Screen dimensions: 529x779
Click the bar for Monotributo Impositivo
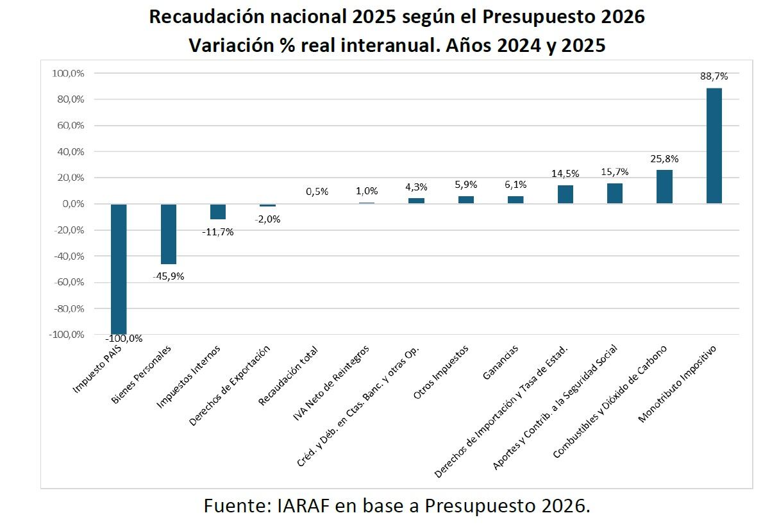pos(714,146)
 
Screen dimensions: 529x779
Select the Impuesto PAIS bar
pos(119,269)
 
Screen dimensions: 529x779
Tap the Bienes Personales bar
pos(168,234)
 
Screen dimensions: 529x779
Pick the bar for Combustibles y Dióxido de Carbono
pos(664,187)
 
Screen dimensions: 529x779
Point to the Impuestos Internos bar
pos(218,212)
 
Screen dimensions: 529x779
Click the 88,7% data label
pos(714,76)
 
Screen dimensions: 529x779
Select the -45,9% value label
pos(168,276)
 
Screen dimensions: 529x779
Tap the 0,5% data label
pos(317,191)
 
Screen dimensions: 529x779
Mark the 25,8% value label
pos(664,158)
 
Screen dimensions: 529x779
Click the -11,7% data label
pos(218,231)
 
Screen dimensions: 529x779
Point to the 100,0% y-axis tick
pos(68,74)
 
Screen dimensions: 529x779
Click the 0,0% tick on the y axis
pos(72,204)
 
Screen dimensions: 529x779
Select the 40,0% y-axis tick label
pos(70,152)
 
